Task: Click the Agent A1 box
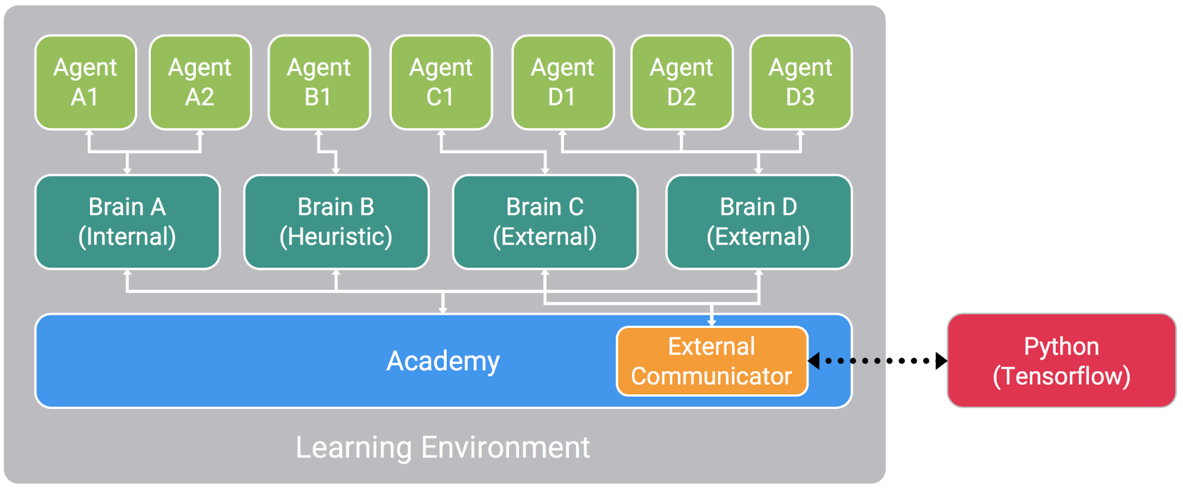tap(85, 82)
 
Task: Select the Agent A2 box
tap(200, 82)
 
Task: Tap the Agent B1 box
tap(319, 82)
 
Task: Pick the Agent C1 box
tap(441, 82)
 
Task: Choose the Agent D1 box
tap(562, 82)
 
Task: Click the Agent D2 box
tap(682, 82)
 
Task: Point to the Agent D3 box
tap(801, 82)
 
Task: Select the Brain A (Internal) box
tap(127, 222)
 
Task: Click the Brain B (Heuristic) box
tap(336, 222)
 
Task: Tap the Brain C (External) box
tap(545, 222)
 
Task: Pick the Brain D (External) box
tap(759, 222)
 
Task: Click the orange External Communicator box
tap(712, 361)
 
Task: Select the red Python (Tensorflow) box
tap(1062, 361)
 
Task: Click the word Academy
tap(443, 361)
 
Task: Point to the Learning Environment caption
tap(443, 448)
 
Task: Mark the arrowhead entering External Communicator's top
tap(712, 323)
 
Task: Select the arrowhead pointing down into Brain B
tap(336, 170)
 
